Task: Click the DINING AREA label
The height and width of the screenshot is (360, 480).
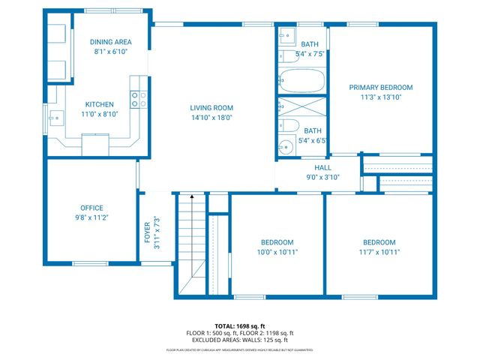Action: tap(111, 42)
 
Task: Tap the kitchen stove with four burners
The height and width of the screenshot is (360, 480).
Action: tap(139, 99)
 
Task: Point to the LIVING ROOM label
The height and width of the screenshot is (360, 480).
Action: tap(211, 108)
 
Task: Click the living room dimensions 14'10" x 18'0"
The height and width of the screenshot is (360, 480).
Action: tap(211, 118)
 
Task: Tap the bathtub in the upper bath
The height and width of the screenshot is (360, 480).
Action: tap(302, 79)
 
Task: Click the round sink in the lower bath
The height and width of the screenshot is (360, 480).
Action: tap(285, 147)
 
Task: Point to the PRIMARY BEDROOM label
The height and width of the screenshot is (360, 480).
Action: tap(381, 88)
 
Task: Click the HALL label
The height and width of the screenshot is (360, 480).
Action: tap(322, 168)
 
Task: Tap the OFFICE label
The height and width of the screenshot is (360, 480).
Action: tap(91, 208)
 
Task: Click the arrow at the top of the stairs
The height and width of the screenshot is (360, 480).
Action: tap(191, 197)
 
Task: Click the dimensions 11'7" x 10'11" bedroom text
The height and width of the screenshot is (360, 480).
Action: tap(379, 252)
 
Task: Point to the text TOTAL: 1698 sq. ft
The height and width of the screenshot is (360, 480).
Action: tap(240, 326)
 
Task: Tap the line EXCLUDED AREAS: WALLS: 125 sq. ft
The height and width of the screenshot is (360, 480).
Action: tap(240, 340)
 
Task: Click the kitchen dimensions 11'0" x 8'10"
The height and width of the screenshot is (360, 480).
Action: tap(99, 115)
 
